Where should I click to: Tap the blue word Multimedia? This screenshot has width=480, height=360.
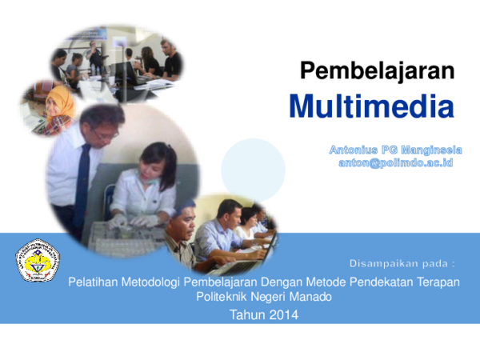click(x=371, y=106)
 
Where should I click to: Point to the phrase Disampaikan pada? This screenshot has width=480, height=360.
click(x=402, y=262)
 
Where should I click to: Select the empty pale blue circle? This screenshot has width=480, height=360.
click(x=253, y=169)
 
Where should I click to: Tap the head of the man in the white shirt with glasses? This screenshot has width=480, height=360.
click(x=102, y=124)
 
